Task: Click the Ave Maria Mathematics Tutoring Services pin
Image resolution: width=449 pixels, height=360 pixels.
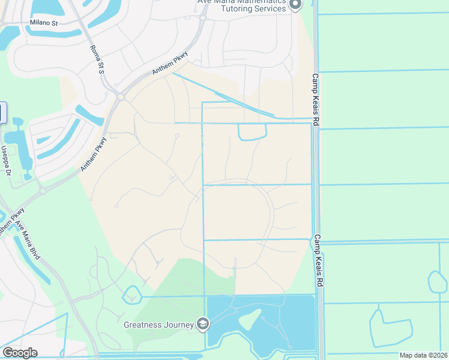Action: coord(295,5)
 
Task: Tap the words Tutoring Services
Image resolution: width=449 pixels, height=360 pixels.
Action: coord(253,9)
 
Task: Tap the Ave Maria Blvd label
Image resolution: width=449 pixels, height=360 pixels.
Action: coord(28,241)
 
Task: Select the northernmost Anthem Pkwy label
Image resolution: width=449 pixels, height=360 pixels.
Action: coord(170,62)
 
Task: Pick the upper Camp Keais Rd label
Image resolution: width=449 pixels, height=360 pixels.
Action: coord(316,100)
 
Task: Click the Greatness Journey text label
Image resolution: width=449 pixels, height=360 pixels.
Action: coord(158,325)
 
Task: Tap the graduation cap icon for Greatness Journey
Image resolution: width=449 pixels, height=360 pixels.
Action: coord(203,325)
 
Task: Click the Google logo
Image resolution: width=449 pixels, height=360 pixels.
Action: coord(20,353)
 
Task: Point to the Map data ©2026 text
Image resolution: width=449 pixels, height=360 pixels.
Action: coord(423,355)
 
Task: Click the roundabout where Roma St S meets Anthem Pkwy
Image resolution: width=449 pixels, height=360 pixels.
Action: coord(121,96)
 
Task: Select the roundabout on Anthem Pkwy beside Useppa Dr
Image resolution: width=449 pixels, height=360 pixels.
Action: coord(43,191)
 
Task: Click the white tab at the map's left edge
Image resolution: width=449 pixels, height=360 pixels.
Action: coord(2,113)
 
